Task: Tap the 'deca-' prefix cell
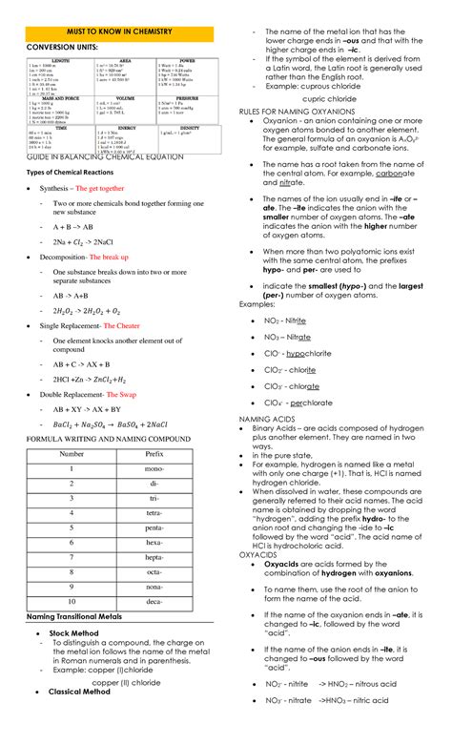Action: tap(154, 603)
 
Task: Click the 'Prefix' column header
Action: tap(154, 454)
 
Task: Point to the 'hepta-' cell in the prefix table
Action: tap(154, 558)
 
